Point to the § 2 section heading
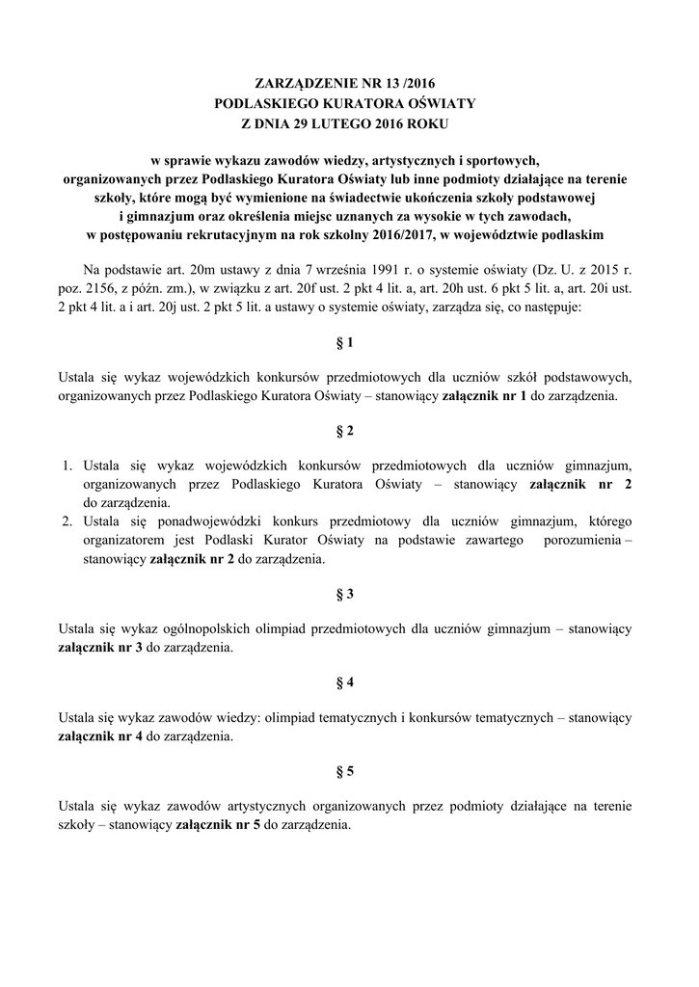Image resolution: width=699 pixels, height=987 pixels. [x=349, y=429]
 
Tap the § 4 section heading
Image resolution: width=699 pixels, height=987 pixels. [x=349, y=682]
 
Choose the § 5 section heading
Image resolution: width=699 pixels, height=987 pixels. [x=349, y=771]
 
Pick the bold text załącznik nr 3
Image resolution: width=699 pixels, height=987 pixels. [x=101, y=647]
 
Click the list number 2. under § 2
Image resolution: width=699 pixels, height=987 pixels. [x=68, y=521]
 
